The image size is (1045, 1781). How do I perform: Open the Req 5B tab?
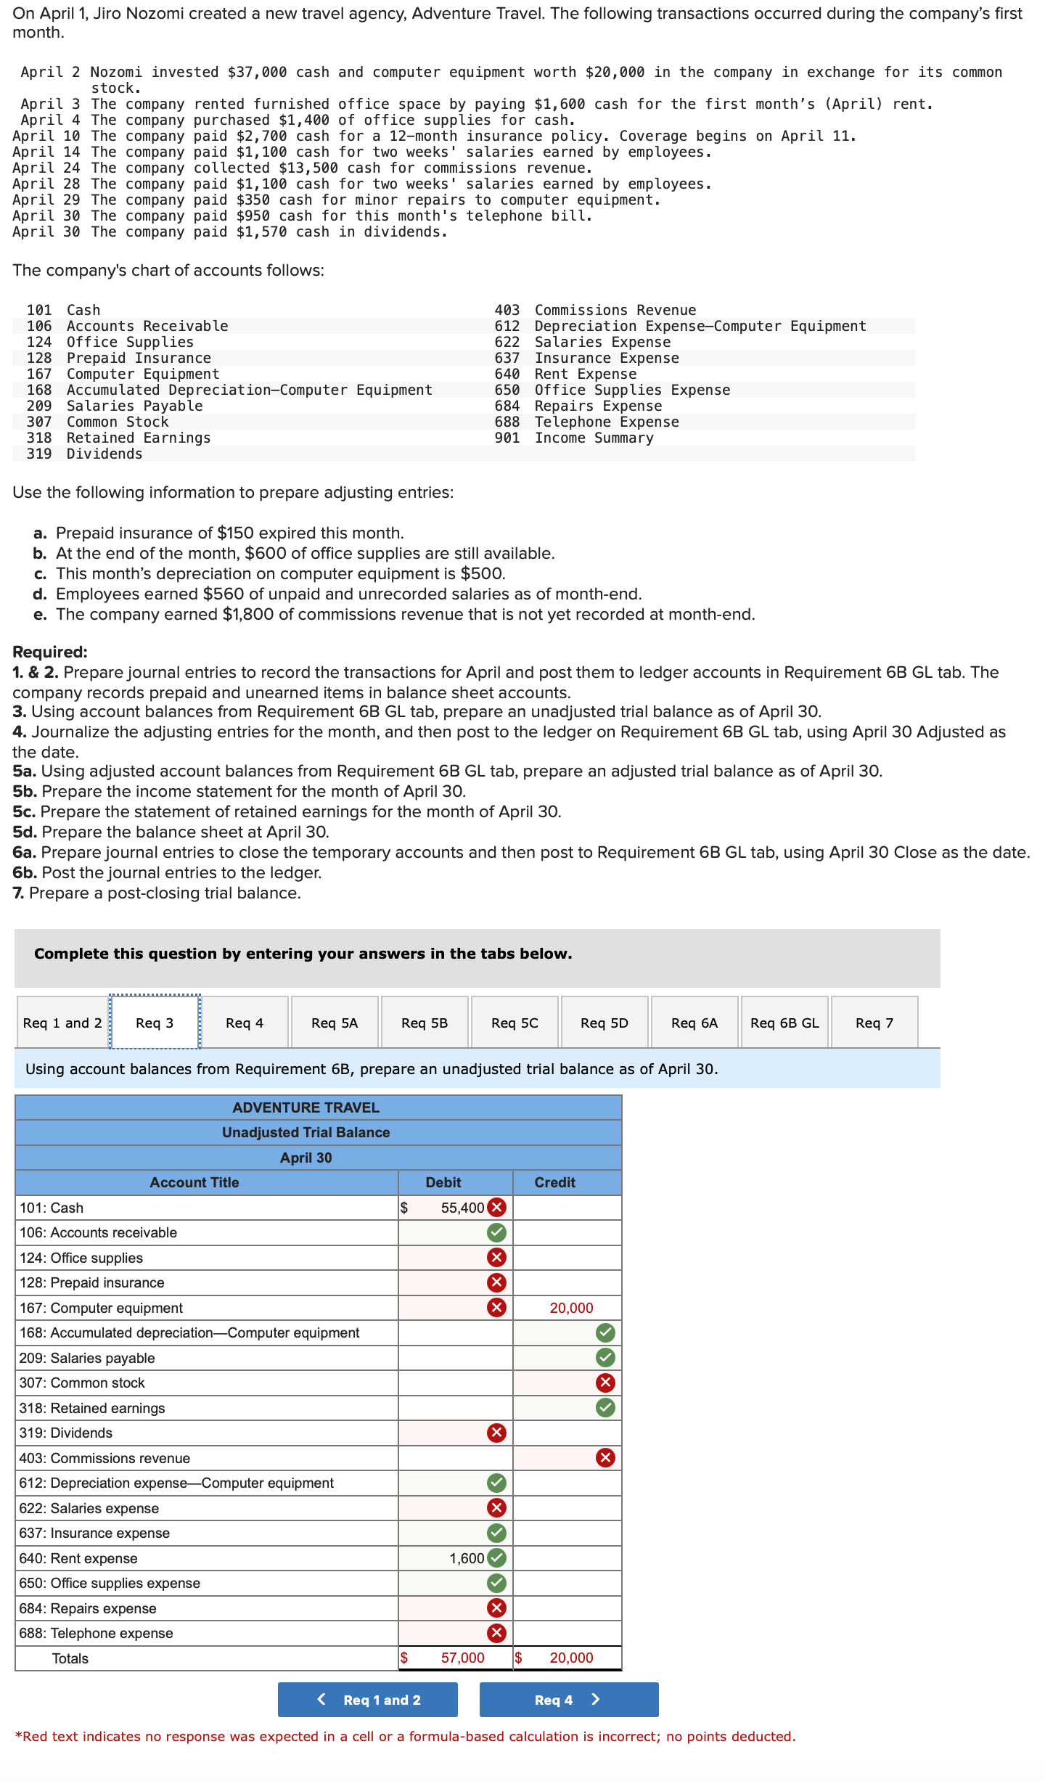[x=425, y=1023]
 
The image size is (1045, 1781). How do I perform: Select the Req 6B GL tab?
[x=784, y=1023]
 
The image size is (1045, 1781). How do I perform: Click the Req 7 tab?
[x=874, y=1023]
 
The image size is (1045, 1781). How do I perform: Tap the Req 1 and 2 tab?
[x=62, y=1023]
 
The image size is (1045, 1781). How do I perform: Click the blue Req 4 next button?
[x=568, y=1700]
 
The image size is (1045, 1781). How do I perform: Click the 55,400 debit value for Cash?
[x=462, y=1208]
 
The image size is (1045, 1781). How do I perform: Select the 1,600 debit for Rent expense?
[x=467, y=1558]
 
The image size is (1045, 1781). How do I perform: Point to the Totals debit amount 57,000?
[x=462, y=1658]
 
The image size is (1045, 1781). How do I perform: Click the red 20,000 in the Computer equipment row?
[x=571, y=1308]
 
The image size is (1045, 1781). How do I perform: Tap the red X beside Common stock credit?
[x=605, y=1383]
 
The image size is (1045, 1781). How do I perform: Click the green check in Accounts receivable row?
[x=496, y=1232]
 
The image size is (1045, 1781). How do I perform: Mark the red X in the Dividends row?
[x=496, y=1433]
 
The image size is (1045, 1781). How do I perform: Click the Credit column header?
[x=555, y=1182]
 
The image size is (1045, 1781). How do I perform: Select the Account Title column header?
[x=194, y=1182]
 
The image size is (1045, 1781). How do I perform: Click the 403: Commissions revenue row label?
[x=104, y=1458]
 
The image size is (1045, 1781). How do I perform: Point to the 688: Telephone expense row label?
[x=96, y=1633]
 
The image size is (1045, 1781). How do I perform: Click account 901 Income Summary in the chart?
[x=594, y=438]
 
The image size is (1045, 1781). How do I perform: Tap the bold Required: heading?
[x=50, y=652]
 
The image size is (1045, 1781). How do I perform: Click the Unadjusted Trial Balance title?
[x=306, y=1132]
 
